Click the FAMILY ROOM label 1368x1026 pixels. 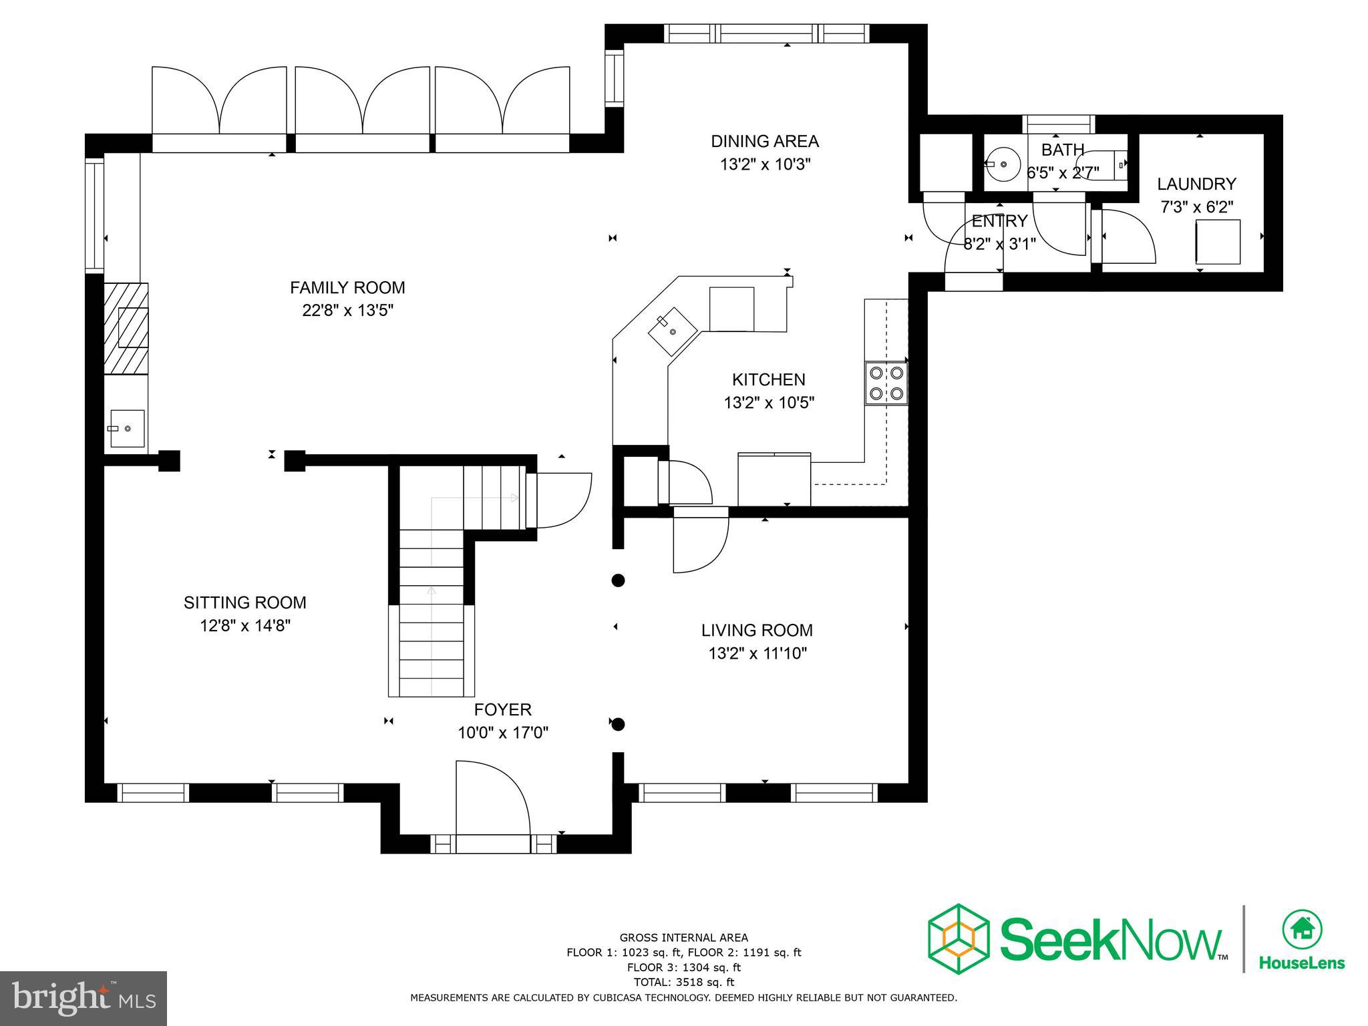[347, 288]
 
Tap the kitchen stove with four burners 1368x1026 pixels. [886, 383]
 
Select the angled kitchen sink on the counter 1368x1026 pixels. [672, 331]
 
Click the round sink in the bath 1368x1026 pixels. [1003, 164]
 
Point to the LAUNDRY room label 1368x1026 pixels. [1196, 184]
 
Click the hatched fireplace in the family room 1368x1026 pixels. [126, 328]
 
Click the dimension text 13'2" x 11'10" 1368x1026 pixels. [757, 653]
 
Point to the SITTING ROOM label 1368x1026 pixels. [245, 603]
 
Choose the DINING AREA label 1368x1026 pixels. [764, 141]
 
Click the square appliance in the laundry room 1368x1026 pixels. [1217, 242]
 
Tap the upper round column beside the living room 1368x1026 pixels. [618, 580]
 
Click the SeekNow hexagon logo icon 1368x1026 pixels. [958, 949]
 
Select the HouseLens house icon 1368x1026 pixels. [1301, 929]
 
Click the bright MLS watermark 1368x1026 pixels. [83, 998]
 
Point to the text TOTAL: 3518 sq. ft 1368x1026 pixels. [683, 982]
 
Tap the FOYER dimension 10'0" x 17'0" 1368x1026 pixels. [502, 733]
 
